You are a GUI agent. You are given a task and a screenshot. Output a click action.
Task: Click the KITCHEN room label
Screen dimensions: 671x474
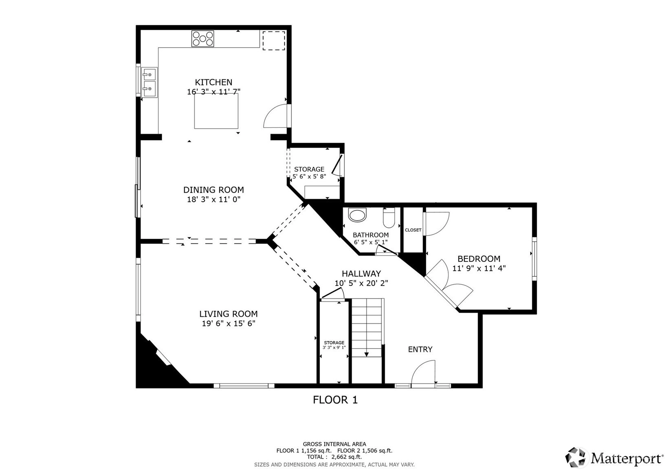213,82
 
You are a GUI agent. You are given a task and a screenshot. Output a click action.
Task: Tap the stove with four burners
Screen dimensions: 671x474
203,39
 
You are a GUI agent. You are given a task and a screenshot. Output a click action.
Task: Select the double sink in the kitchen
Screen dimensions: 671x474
149,82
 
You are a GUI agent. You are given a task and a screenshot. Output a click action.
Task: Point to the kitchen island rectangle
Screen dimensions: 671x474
216,111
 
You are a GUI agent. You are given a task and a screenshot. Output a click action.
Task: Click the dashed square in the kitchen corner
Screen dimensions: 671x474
274,40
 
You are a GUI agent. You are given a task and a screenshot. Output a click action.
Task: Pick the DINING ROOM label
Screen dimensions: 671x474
213,190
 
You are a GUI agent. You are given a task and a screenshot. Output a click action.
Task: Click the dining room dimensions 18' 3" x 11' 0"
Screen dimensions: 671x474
213,200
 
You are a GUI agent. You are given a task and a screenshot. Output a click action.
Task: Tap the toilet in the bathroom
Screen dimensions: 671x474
389,218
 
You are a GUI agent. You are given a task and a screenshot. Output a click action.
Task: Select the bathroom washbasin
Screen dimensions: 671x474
357,215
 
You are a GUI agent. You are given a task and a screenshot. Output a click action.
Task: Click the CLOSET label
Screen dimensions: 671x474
413,230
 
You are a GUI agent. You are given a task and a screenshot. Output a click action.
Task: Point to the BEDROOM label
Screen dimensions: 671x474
479,259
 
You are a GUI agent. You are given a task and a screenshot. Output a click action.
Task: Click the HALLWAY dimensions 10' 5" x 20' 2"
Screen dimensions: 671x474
361,283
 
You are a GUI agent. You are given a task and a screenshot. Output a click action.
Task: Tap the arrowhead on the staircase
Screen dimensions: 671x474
366,355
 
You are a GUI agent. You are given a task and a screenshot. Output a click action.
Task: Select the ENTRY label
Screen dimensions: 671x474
420,349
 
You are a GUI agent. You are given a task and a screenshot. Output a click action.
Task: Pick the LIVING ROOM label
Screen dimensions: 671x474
229,314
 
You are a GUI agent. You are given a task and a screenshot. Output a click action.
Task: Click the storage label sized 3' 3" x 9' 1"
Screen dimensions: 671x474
334,345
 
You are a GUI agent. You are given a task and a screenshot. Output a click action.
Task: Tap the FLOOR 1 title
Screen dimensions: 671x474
335,400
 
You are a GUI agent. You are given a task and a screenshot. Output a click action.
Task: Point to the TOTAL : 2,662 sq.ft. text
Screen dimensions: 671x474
334,457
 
